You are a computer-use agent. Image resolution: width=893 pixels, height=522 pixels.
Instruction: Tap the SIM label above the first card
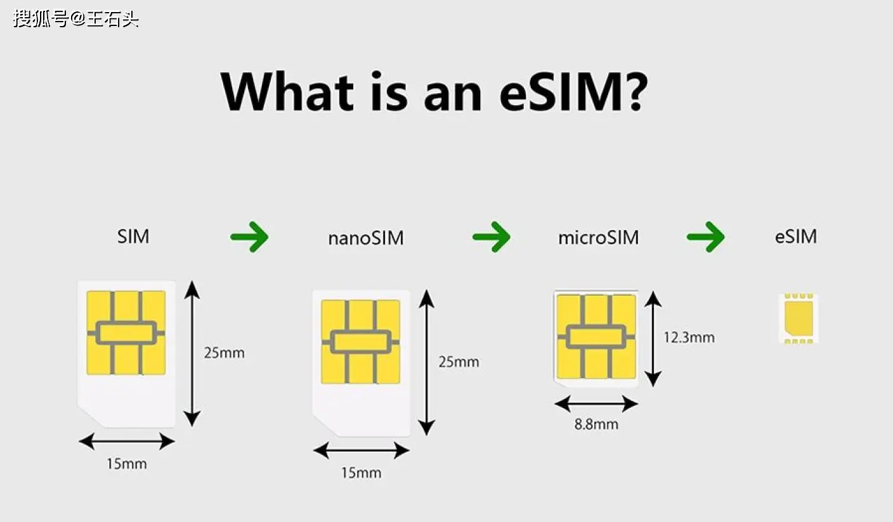[133, 237]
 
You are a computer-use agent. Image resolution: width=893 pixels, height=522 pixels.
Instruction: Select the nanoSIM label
[366, 238]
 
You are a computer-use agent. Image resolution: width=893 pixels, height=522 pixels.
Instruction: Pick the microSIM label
[598, 238]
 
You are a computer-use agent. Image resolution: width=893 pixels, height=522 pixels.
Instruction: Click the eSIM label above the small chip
[796, 237]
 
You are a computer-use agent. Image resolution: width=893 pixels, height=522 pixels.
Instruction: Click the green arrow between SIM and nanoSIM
[249, 237]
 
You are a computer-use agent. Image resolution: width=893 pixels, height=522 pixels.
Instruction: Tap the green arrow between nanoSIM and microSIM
[492, 237]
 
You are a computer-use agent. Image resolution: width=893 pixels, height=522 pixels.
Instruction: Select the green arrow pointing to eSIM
[706, 237]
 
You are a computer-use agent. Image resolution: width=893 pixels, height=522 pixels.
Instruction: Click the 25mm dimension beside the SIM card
[224, 353]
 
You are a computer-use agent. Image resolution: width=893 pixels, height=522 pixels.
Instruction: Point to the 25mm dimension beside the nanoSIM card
[459, 362]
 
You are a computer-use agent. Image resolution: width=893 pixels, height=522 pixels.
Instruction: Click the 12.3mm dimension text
[689, 337]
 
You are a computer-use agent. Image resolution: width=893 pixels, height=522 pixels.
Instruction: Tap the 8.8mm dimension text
[596, 424]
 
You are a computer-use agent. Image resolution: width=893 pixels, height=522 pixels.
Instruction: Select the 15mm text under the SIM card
[127, 464]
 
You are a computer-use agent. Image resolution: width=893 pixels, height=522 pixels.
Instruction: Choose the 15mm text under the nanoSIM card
[361, 473]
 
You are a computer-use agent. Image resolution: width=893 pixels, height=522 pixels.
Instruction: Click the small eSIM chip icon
[798, 318]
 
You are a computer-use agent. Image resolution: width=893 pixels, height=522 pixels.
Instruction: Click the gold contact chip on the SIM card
[126, 333]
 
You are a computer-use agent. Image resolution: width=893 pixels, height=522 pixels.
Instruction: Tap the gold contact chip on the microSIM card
[596, 337]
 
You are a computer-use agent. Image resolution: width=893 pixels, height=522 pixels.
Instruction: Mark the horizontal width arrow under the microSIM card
[596, 404]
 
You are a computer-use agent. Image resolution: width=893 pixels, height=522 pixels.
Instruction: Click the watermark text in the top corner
[75, 19]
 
